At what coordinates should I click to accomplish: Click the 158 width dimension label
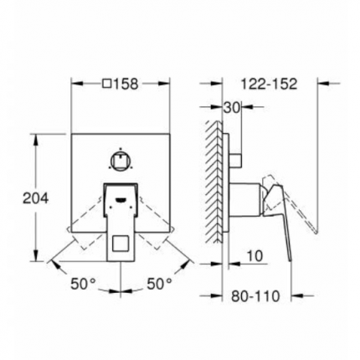(126, 84)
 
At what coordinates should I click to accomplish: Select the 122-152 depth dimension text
(269, 84)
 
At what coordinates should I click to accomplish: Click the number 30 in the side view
(232, 106)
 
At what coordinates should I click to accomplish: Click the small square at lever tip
(121, 246)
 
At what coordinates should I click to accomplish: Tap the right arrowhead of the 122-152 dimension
(319, 84)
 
